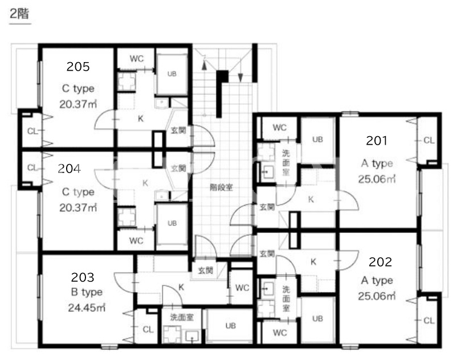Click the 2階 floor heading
[x=19, y=14]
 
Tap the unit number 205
[x=78, y=67]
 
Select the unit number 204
[x=69, y=169]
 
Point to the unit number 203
[x=83, y=277]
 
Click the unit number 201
[x=377, y=141]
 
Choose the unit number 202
[x=380, y=262]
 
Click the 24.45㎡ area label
[x=87, y=308]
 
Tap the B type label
[x=87, y=292]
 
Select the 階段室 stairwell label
[x=221, y=187]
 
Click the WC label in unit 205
[x=136, y=59]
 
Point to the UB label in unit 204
[x=172, y=223]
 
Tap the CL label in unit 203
[x=148, y=329]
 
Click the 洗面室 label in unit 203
[x=182, y=317]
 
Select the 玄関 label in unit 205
[x=178, y=130]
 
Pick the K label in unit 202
[x=313, y=262]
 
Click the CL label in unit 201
[x=429, y=140]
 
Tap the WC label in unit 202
[x=280, y=333]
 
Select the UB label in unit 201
[x=317, y=140]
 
